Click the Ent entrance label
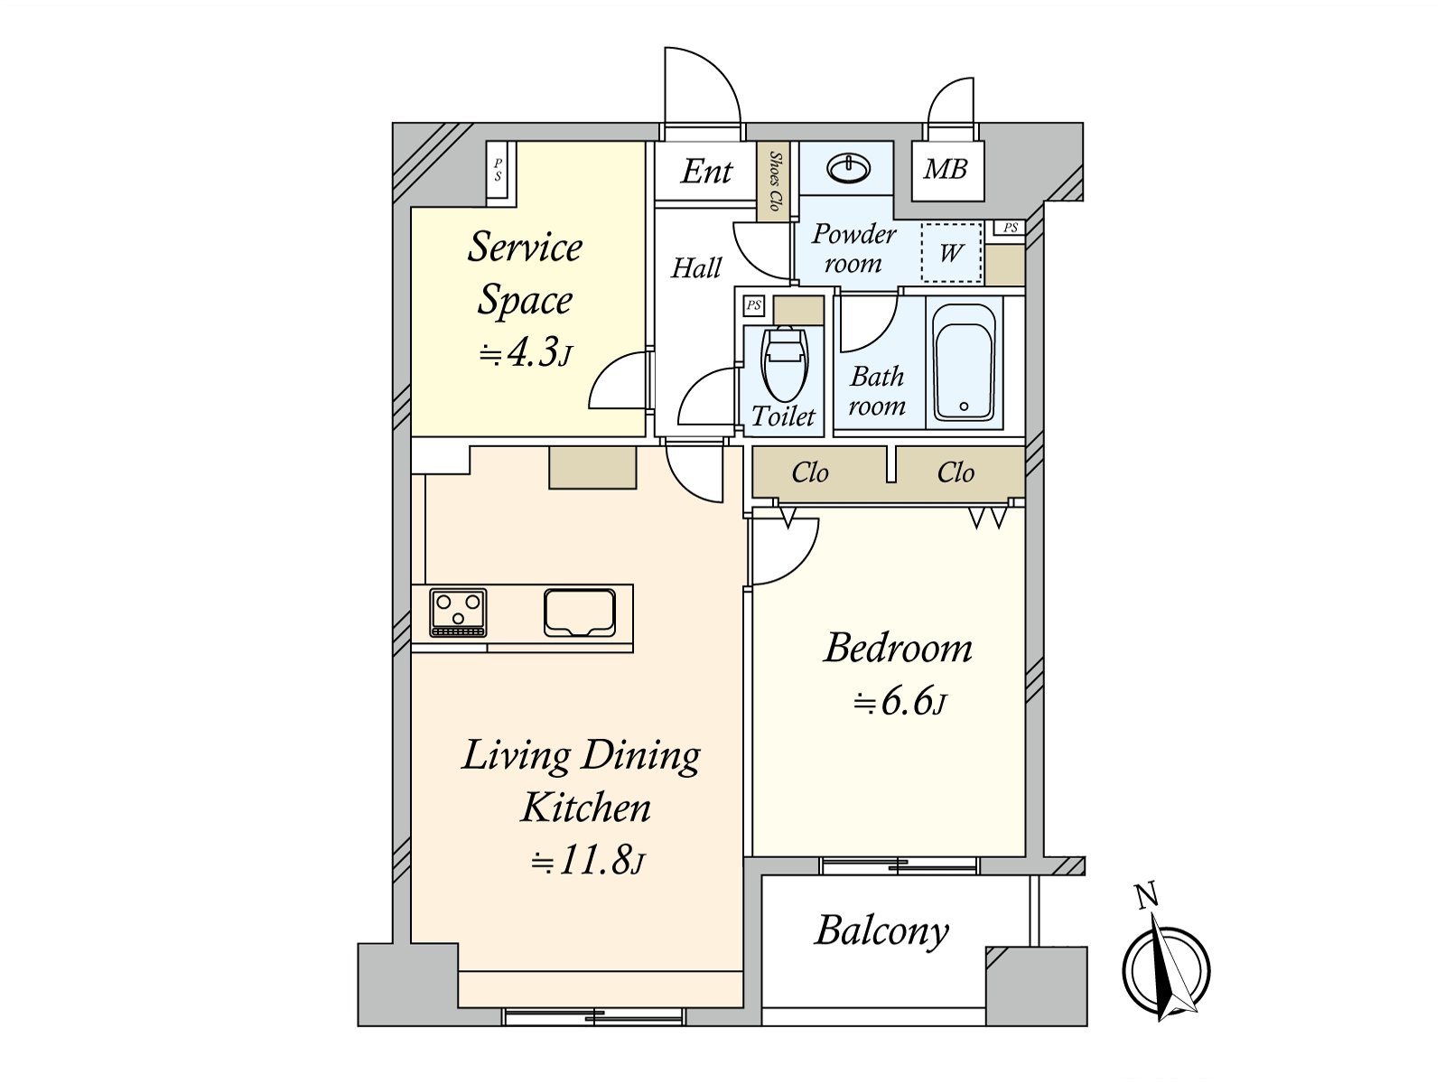[706, 171]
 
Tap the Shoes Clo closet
[774, 181]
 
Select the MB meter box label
[946, 169]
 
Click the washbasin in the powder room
[849, 168]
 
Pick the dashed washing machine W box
[951, 252]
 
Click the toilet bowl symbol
[784, 363]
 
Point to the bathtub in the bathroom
[964, 362]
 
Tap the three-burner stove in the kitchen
[458, 612]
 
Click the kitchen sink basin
[580, 612]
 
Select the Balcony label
[881, 930]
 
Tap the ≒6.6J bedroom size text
[900, 702]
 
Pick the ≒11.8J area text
[587, 861]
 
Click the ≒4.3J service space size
[525, 353]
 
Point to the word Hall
[696, 267]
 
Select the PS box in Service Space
[498, 170]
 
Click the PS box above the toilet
[753, 306]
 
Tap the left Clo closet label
[809, 472]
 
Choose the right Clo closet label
[956, 472]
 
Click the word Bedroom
[899, 649]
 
